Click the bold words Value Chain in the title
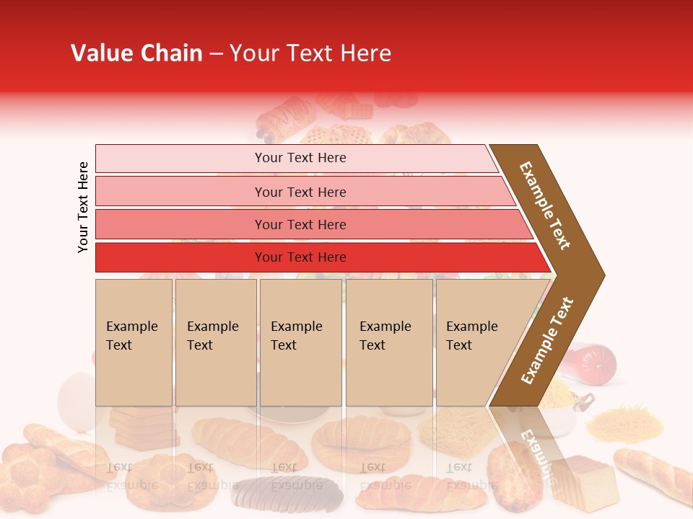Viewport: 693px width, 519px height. pyautogui.click(x=136, y=53)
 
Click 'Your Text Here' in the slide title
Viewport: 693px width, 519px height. pyautogui.click(x=310, y=53)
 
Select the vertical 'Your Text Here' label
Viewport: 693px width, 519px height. pyautogui.click(x=83, y=207)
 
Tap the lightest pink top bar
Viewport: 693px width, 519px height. pyautogui.click(x=300, y=158)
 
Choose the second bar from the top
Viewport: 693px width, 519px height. pyautogui.click(x=300, y=192)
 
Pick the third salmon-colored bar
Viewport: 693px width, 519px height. pyautogui.click(x=300, y=224)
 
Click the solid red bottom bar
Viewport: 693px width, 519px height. pyautogui.click(x=300, y=257)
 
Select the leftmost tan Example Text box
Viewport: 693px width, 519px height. pyautogui.click(x=134, y=342)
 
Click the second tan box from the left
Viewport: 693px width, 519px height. pyautogui.click(x=215, y=342)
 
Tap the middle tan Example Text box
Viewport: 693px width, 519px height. pyautogui.click(x=300, y=342)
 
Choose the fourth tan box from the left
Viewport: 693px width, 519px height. pyautogui.click(x=388, y=342)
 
